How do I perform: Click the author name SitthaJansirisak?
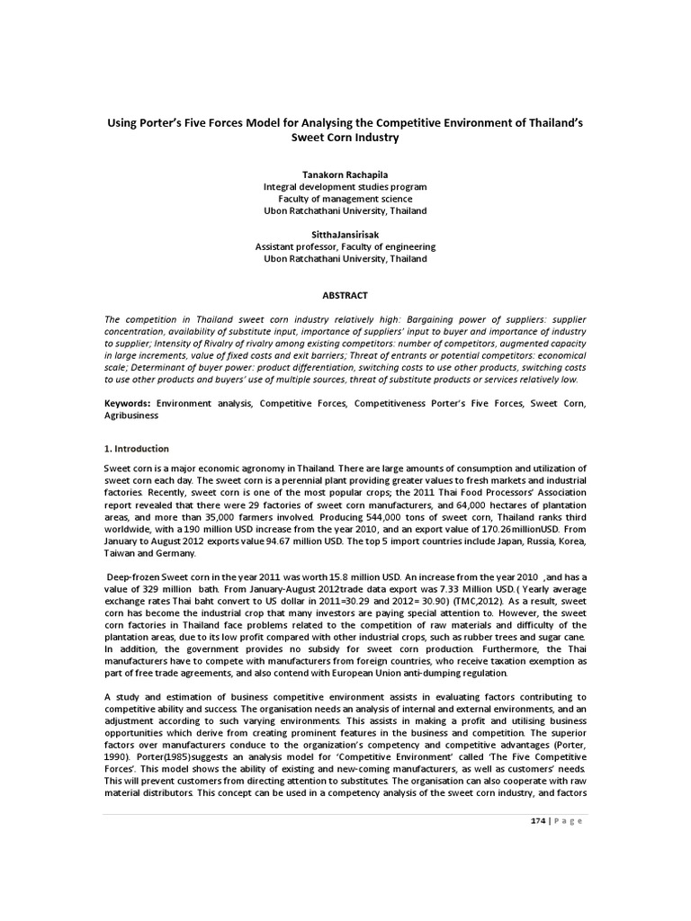coord(345,234)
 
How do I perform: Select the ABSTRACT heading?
coord(345,296)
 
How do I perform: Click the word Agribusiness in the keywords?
coord(131,416)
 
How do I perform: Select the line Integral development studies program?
coord(345,186)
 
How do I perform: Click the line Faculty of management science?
coord(345,199)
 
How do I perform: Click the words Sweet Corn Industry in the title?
coord(345,139)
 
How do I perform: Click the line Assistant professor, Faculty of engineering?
coord(345,246)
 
